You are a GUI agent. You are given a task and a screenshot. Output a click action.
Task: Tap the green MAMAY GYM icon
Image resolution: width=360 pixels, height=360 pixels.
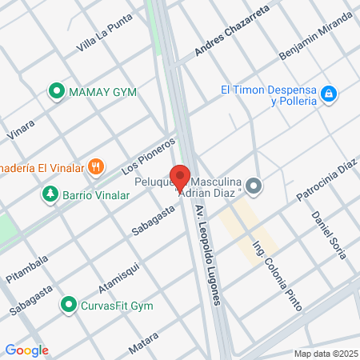coord(57,91)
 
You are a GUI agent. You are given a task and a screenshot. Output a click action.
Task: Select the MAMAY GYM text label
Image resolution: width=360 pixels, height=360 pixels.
coord(102,92)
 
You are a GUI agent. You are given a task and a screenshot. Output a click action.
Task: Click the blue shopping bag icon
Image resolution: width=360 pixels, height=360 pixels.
coord(328,95)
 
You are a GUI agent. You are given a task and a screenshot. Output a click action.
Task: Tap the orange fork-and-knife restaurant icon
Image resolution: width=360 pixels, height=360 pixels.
coord(97,166)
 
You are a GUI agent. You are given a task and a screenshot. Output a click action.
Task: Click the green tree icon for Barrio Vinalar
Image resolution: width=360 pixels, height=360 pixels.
coord(50,194)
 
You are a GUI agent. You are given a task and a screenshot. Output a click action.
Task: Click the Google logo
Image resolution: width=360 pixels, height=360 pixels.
coord(26,350)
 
